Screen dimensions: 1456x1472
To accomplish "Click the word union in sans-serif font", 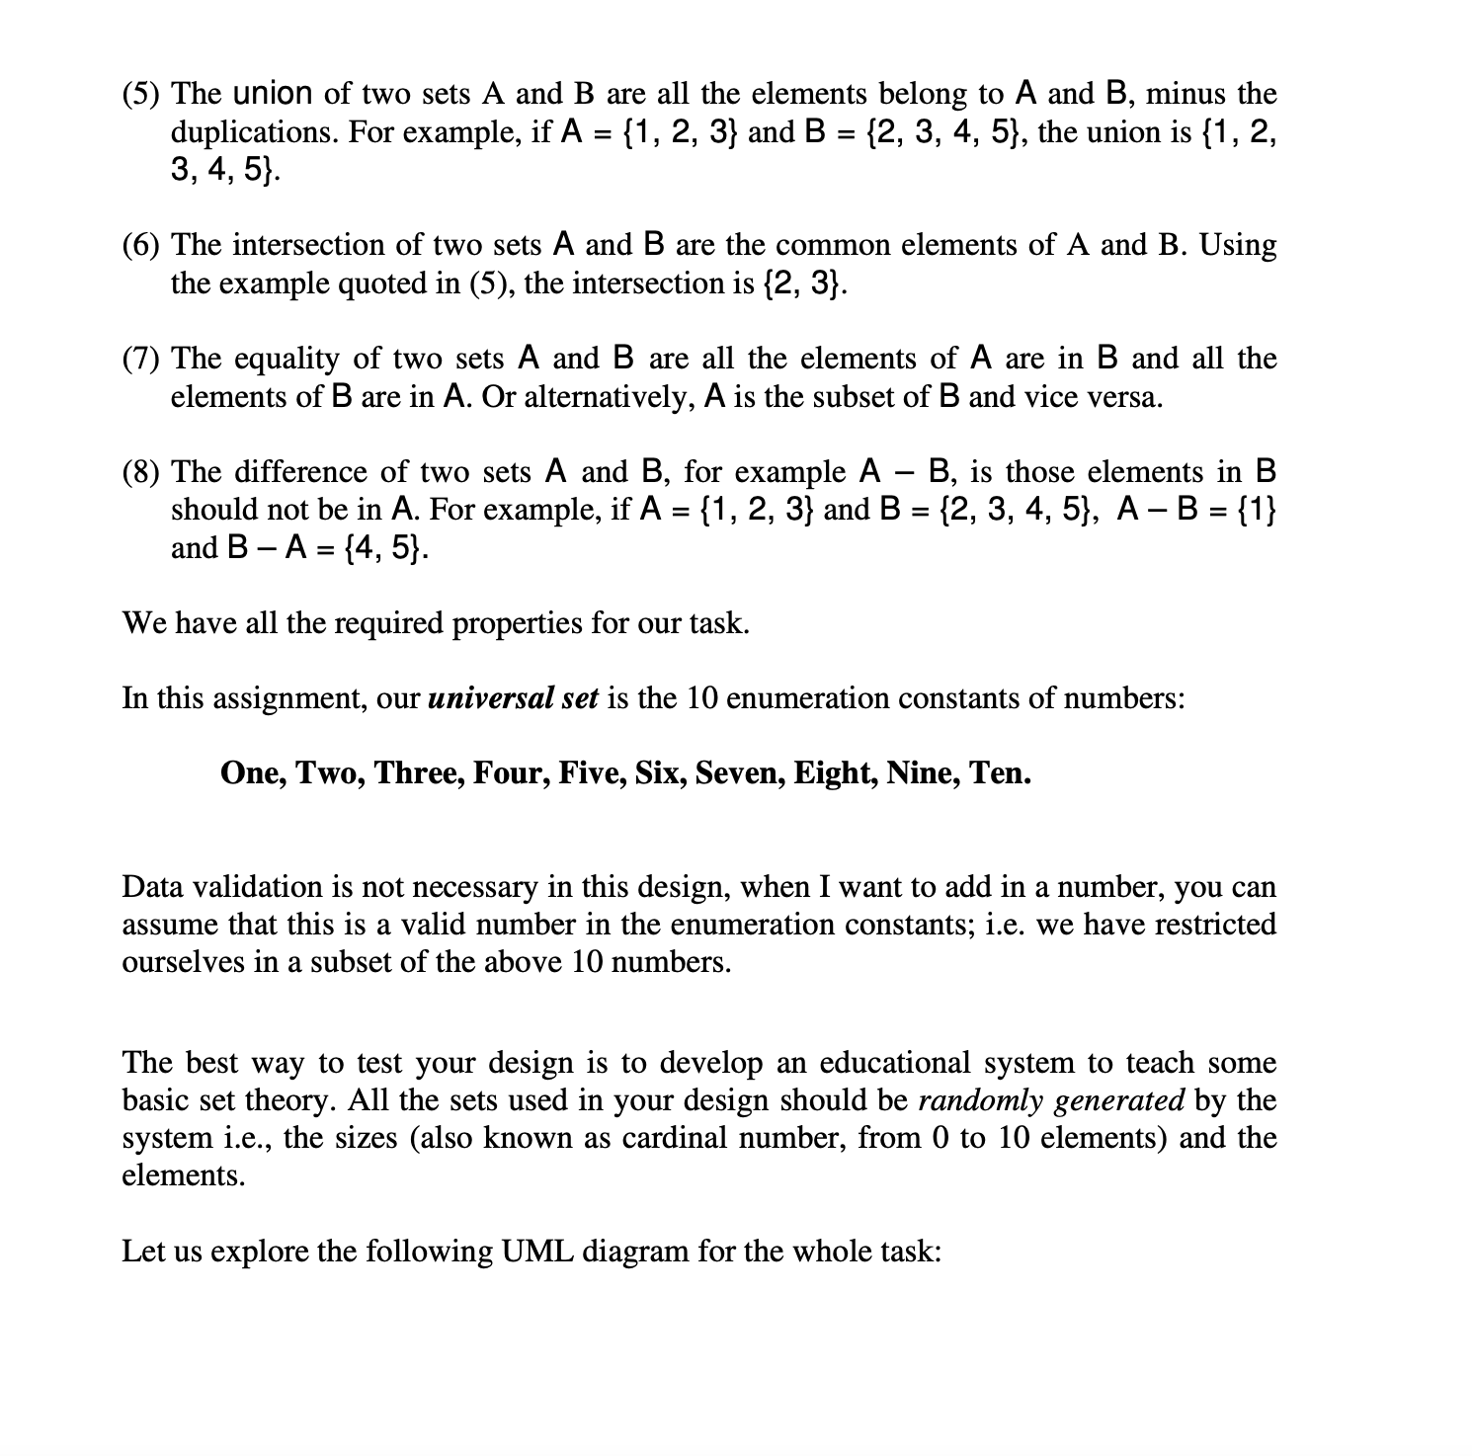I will tap(273, 94).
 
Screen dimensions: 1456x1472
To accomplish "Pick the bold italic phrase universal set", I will tap(513, 698).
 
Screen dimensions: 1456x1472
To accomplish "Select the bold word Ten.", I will tap(1000, 772).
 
